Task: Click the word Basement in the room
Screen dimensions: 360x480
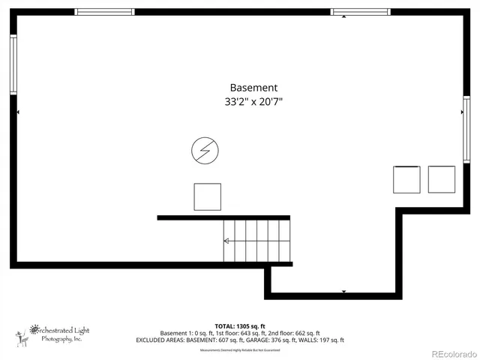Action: tap(253, 87)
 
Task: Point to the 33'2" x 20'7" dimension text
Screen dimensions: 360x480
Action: tap(253, 102)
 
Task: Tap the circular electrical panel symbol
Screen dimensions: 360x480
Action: tap(203, 151)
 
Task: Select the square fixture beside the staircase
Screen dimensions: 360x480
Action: tap(208, 196)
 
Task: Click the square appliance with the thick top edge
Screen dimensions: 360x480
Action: tap(407, 179)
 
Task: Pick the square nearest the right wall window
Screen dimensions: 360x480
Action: tap(442, 179)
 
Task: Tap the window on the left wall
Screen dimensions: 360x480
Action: tap(13, 65)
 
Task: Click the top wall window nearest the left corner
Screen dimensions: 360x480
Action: tap(105, 12)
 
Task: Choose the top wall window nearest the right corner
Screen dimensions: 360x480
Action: tap(361, 12)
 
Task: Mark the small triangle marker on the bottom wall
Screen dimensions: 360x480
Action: tap(343, 292)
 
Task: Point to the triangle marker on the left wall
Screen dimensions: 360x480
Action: tap(17, 112)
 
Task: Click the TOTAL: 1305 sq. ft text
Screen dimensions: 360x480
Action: tap(239, 325)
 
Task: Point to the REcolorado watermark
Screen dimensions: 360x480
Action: tap(453, 352)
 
